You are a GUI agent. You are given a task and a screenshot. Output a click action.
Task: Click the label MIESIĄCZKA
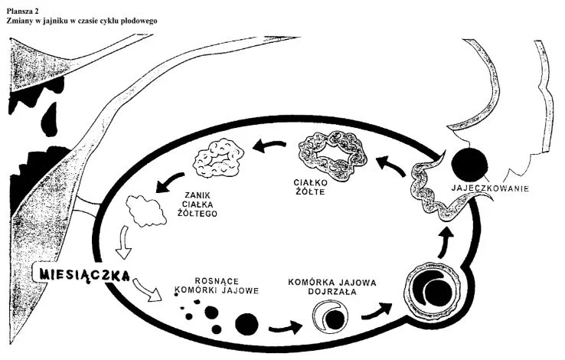click(85, 275)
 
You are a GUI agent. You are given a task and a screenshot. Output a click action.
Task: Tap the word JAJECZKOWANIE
click(490, 188)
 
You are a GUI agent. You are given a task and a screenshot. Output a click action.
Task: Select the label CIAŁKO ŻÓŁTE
click(310, 187)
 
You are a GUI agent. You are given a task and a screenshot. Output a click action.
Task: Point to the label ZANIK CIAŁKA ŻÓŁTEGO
click(198, 205)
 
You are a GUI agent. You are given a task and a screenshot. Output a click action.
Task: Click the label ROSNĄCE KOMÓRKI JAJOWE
click(217, 286)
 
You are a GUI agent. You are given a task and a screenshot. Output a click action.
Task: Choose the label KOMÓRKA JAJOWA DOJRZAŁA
click(331, 286)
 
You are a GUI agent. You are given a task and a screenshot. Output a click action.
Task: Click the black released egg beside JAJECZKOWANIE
click(469, 165)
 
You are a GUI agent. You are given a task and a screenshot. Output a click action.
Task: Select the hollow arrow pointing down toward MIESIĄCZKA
click(124, 242)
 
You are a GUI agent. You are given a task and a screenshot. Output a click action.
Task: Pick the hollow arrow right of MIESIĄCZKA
click(147, 290)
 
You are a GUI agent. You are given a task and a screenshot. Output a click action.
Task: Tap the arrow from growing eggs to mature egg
click(286, 327)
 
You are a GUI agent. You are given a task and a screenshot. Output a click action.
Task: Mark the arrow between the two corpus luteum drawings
click(269, 146)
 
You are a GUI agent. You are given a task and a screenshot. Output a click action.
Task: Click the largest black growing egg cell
click(247, 324)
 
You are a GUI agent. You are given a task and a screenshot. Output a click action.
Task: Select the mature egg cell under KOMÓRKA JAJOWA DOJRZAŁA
click(331, 316)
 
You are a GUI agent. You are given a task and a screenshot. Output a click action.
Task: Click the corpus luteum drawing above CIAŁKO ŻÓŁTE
click(332, 152)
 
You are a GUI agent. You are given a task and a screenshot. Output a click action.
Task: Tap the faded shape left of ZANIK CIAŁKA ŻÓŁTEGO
click(145, 211)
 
